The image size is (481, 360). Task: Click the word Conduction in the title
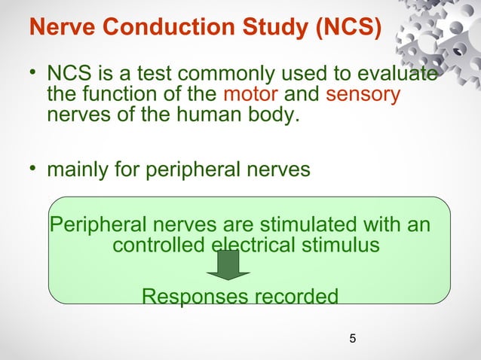[x=152, y=29]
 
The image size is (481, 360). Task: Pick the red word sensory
[x=363, y=96]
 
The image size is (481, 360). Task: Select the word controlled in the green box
[x=158, y=245]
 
